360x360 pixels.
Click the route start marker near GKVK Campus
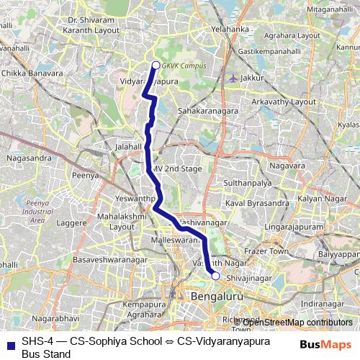coord(156,66)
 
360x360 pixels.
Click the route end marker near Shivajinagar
coord(215,275)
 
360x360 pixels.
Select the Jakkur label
coord(250,77)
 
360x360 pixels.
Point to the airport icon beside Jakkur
coord(233,77)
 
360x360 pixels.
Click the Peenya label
coord(85,174)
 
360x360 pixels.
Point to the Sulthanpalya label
coord(250,184)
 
